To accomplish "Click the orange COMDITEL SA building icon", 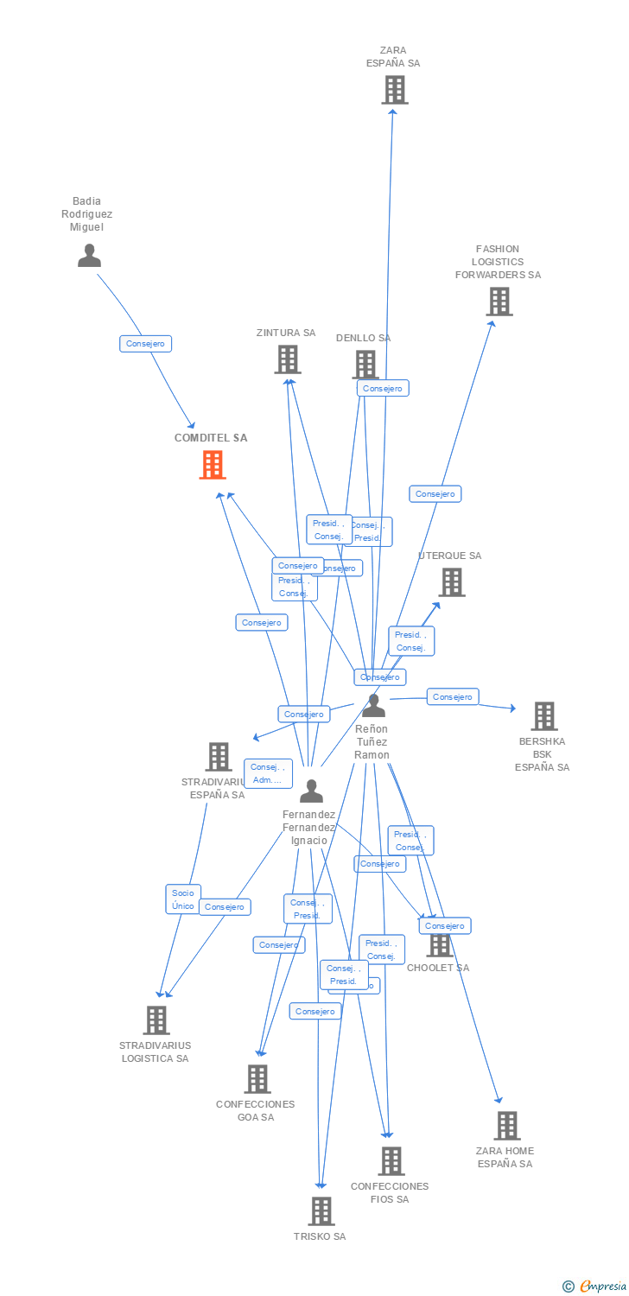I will (x=213, y=465).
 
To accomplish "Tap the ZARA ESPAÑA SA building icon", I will (x=394, y=90).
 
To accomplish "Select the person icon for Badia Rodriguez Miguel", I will (x=89, y=256).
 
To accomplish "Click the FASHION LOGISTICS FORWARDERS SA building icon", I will (x=499, y=302).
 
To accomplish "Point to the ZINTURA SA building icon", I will (x=287, y=359).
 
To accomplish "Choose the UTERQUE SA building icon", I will (x=451, y=582).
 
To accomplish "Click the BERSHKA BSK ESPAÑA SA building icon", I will (x=543, y=716).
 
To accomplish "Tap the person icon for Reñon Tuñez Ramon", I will (x=373, y=706).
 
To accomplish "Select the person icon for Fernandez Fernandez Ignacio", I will (x=311, y=791).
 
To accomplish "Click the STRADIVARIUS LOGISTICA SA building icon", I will (x=156, y=1020).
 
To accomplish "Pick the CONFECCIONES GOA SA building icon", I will (x=257, y=1079).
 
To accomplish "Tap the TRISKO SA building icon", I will (x=321, y=1211).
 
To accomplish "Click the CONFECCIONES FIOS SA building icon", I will (x=391, y=1161).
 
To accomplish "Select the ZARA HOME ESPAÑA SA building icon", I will (x=506, y=1126).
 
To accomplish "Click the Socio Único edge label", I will (x=183, y=899).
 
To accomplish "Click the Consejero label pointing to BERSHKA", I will (x=453, y=696).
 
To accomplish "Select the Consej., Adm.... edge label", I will (x=268, y=773).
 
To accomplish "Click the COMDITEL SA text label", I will (x=211, y=438).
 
